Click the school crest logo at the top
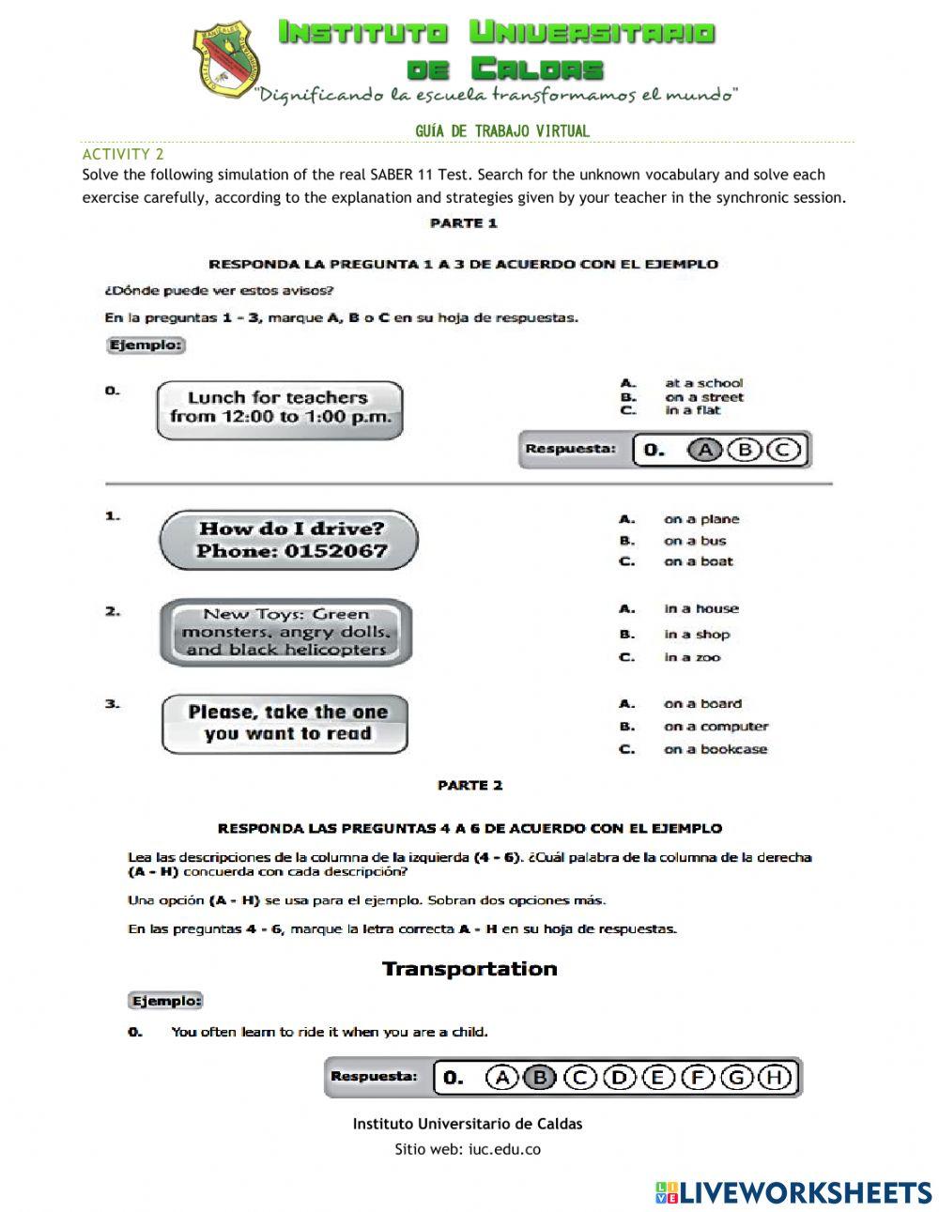coord(226,60)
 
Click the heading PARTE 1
coord(463,223)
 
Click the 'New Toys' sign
coord(285,632)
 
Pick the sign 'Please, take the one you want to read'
coord(285,724)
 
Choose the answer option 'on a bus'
coord(694,541)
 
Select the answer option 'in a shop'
coord(696,635)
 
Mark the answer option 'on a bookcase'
coord(715,749)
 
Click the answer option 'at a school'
coord(702,383)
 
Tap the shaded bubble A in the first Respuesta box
coord(704,450)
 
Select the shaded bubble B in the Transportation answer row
coord(540,1078)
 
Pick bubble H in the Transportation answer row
coord(775,1078)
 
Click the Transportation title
coord(469,969)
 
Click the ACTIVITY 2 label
coord(123,154)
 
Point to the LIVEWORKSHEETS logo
coord(793,1192)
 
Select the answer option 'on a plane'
coord(700,519)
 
